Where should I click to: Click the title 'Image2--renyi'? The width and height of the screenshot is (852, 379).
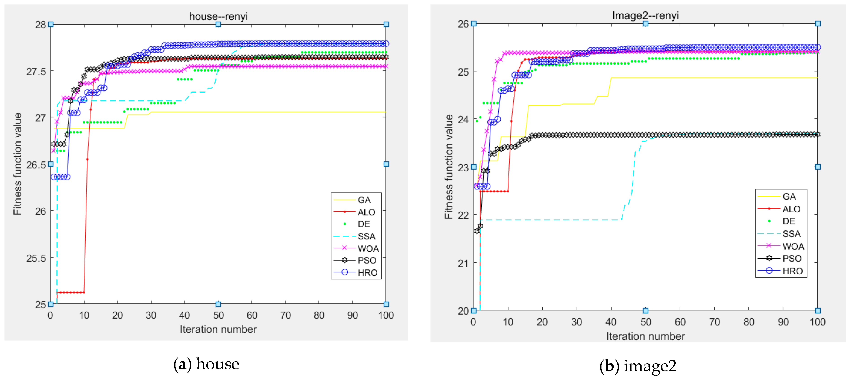click(645, 15)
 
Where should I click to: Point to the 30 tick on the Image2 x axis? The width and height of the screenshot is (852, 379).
click(577, 322)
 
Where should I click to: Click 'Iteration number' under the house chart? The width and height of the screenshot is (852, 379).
click(218, 329)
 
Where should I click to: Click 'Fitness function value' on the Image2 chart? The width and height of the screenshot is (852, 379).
click(448, 167)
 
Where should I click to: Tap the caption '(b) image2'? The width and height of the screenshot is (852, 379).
click(638, 366)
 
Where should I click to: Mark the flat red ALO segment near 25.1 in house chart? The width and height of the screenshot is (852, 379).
click(70, 292)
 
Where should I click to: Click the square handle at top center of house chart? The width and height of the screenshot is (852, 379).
click(218, 24)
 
